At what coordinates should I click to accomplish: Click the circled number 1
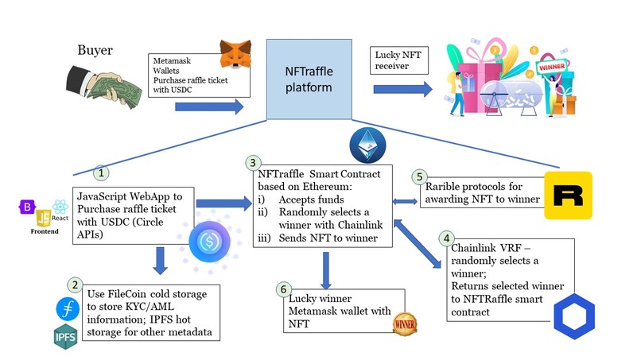click(99, 172)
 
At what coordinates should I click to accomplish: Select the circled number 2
click(76, 285)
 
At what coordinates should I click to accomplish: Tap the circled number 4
click(447, 238)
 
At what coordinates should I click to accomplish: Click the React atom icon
click(60, 206)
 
